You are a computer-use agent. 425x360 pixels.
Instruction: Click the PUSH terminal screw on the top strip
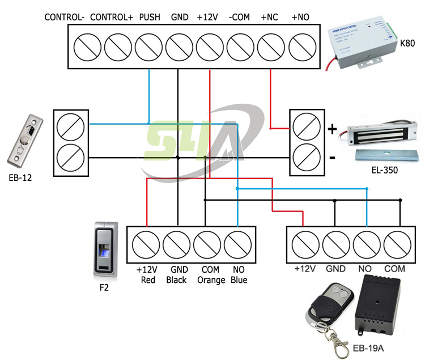click(148, 43)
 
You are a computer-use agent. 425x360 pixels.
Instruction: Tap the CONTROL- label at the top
click(65, 18)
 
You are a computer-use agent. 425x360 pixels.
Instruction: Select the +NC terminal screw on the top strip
click(271, 43)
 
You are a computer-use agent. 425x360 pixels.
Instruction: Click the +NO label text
click(300, 18)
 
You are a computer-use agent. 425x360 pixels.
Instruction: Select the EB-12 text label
click(20, 177)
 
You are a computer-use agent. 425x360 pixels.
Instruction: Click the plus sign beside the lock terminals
click(333, 129)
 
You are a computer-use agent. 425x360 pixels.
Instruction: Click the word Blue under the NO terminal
click(239, 280)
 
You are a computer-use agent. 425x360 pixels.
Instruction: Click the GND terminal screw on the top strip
click(179, 43)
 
